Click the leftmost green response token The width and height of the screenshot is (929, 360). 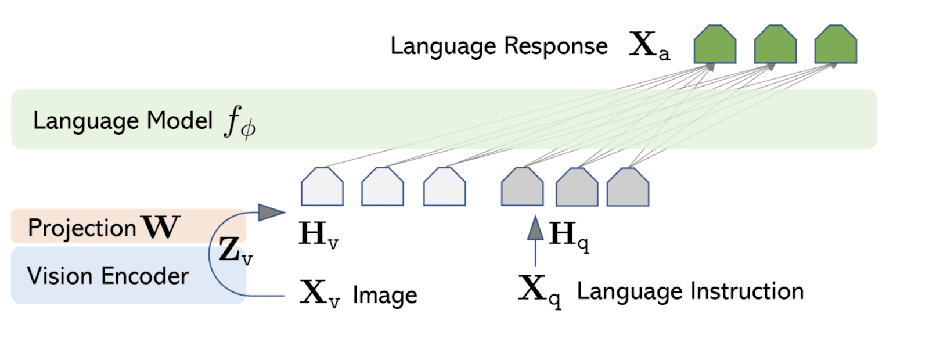click(715, 45)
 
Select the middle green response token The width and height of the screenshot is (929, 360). click(775, 45)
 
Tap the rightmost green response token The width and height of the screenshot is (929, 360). click(836, 45)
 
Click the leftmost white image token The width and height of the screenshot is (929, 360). click(322, 187)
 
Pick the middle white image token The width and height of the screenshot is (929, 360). click(383, 187)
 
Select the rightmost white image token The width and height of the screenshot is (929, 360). click(444, 187)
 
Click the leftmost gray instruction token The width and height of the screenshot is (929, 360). click(523, 187)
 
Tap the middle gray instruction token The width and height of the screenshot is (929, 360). click(577, 188)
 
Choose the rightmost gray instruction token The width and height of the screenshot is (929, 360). click(628, 188)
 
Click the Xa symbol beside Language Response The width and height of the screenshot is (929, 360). click(649, 46)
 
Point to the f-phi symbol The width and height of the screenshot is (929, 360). click(240, 122)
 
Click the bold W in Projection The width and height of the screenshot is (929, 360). click(161, 227)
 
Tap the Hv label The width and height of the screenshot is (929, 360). click(318, 235)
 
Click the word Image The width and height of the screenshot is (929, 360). click(384, 296)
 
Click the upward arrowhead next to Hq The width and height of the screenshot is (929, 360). click(535, 229)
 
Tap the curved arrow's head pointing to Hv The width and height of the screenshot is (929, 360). click(271, 212)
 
